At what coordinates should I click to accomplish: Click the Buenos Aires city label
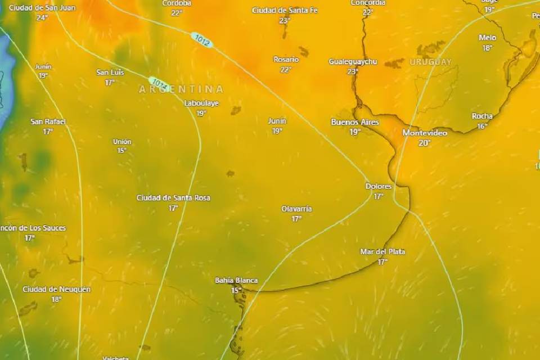click(355, 122)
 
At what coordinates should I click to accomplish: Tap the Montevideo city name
click(425, 133)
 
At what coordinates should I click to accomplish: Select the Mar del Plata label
click(382, 251)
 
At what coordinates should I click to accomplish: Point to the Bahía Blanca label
click(236, 280)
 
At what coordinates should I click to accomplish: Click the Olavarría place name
click(296, 209)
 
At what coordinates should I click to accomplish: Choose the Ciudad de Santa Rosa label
click(173, 197)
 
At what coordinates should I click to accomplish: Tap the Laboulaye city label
click(201, 103)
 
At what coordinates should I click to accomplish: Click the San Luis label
click(110, 72)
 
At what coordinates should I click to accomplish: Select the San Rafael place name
click(48, 121)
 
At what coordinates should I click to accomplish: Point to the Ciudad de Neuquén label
click(56, 289)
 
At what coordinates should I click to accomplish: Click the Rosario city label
click(286, 59)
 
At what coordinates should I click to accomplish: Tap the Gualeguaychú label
click(353, 61)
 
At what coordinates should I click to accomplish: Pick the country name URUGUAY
click(430, 62)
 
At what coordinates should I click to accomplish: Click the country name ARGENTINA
click(181, 89)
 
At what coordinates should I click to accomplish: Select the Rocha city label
click(482, 116)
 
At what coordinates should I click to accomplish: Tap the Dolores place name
click(379, 186)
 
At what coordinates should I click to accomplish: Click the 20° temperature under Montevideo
click(425, 143)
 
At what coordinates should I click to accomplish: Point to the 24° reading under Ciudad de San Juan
click(42, 17)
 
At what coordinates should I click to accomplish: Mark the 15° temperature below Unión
click(122, 150)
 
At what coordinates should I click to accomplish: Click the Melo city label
click(487, 38)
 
